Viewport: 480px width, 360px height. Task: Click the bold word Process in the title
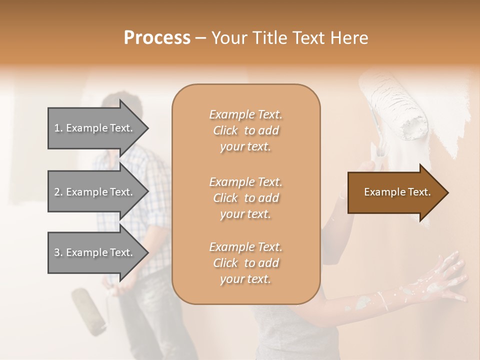(157, 38)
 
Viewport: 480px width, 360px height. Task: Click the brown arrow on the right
(395, 192)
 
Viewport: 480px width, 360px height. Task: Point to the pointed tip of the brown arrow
(447, 192)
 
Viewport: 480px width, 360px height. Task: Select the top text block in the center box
(245, 130)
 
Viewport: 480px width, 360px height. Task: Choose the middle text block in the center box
(245, 197)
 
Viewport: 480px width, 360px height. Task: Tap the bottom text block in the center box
(245, 262)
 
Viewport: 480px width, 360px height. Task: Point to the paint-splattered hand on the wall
(440, 280)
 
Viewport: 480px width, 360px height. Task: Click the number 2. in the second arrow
(58, 192)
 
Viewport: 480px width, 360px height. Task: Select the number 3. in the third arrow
(58, 252)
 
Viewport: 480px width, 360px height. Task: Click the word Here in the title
(350, 38)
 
